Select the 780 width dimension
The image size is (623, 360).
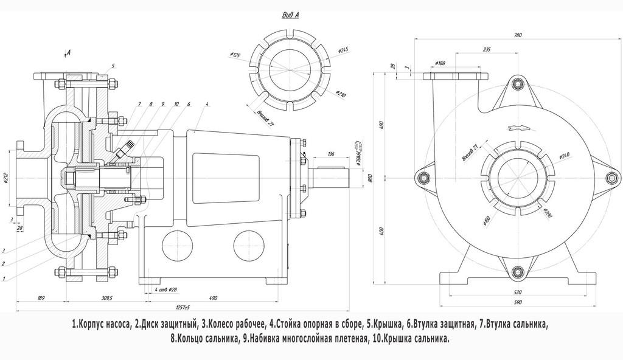tap(518, 35)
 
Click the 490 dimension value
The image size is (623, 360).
tap(213, 298)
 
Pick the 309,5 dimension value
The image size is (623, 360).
tap(109, 298)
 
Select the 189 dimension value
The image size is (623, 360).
tap(41, 298)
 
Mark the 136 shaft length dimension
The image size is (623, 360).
tap(331, 153)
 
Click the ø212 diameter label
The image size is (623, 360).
tap(5, 178)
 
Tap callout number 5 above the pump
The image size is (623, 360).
tap(113, 65)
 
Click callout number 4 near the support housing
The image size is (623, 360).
tap(207, 105)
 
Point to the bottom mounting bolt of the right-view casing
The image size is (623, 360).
tap(517, 272)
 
